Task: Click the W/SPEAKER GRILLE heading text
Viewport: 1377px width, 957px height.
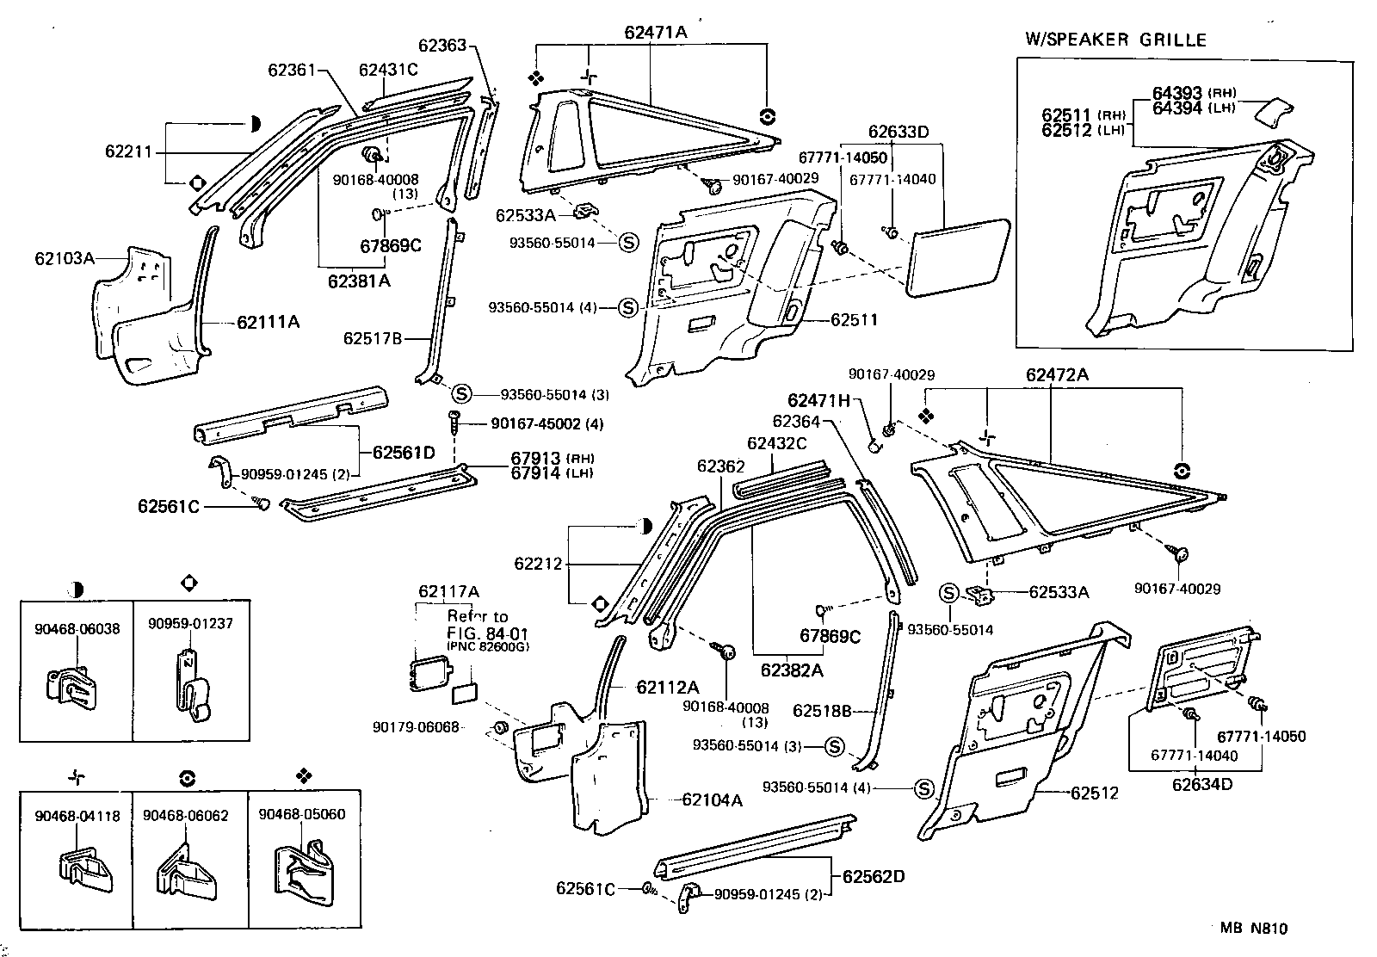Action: [x=1115, y=40]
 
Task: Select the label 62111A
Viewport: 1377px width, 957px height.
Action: [x=269, y=323]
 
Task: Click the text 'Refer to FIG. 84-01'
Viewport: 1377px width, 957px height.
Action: [x=478, y=624]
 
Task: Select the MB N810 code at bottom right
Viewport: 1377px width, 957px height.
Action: [x=1253, y=929]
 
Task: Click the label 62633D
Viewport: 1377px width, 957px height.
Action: [x=898, y=132]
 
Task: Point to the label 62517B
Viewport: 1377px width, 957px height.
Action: [x=373, y=338]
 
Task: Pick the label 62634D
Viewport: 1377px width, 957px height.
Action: [x=1201, y=784]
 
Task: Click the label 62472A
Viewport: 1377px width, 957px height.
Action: [x=1057, y=375]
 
